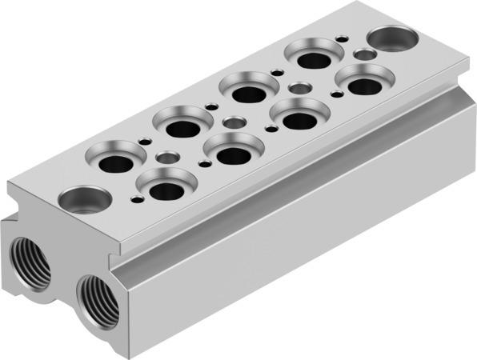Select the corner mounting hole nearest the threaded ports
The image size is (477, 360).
point(84,198)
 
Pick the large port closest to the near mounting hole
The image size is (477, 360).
point(166,189)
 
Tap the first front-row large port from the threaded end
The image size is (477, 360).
point(166,189)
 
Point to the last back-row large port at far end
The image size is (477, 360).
point(315,58)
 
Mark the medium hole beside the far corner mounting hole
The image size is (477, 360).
point(365,54)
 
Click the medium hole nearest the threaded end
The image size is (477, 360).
point(167,158)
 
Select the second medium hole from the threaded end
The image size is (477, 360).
point(234,122)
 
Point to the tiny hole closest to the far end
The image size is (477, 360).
point(342,38)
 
